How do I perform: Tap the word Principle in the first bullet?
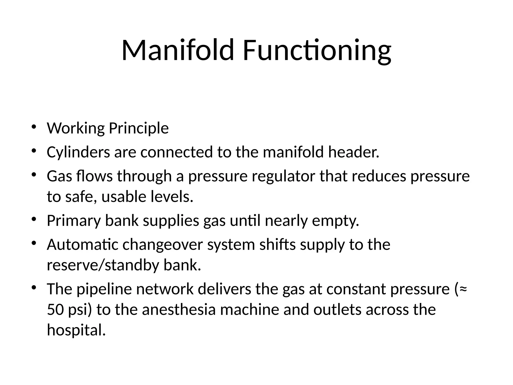click(139, 128)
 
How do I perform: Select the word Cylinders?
click(78, 152)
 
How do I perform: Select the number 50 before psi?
click(55, 310)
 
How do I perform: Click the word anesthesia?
click(179, 310)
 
